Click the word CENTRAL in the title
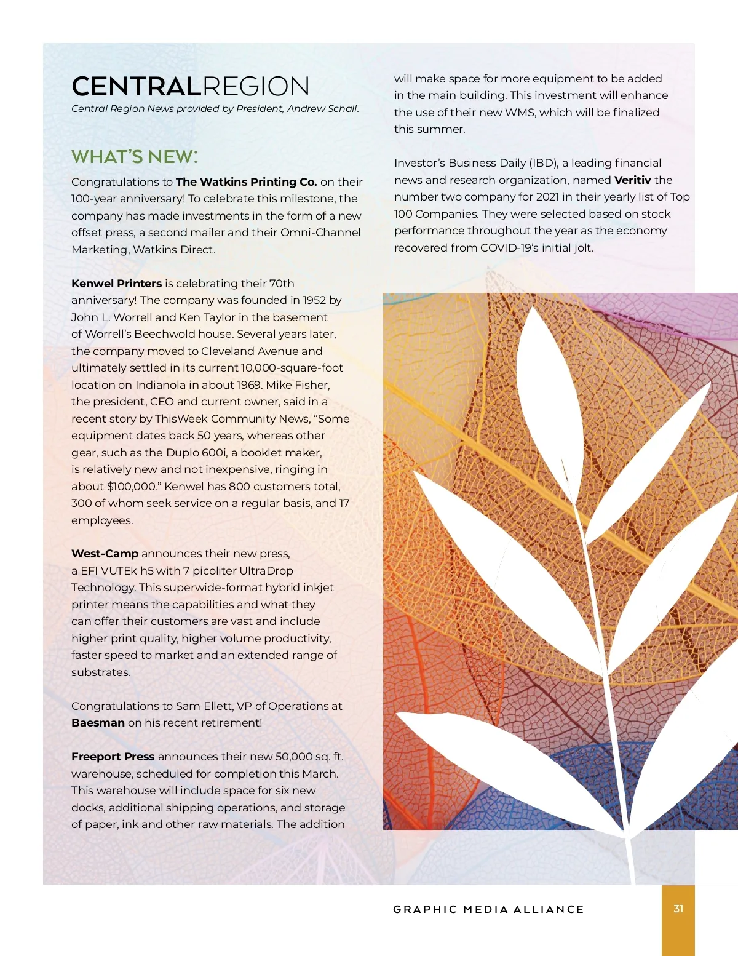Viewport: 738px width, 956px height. pyautogui.click(x=137, y=87)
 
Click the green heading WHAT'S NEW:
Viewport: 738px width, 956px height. pyautogui.click(x=135, y=157)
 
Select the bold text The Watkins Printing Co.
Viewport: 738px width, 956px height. pyautogui.click(x=246, y=182)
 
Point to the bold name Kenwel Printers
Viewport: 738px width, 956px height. pyautogui.click(x=116, y=284)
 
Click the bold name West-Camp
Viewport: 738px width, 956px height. pyautogui.click(x=105, y=554)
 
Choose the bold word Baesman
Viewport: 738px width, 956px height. pyautogui.click(x=98, y=723)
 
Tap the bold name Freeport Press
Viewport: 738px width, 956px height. pyautogui.click(x=113, y=757)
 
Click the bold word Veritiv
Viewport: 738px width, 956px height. pyautogui.click(x=632, y=180)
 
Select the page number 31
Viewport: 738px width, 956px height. pyautogui.click(x=678, y=909)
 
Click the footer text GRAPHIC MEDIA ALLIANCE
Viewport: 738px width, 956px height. pyautogui.click(x=488, y=909)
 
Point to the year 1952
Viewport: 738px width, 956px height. pyautogui.click(x=314, y=300)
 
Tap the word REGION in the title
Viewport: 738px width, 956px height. pyautogui.click(x=256, y=87)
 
